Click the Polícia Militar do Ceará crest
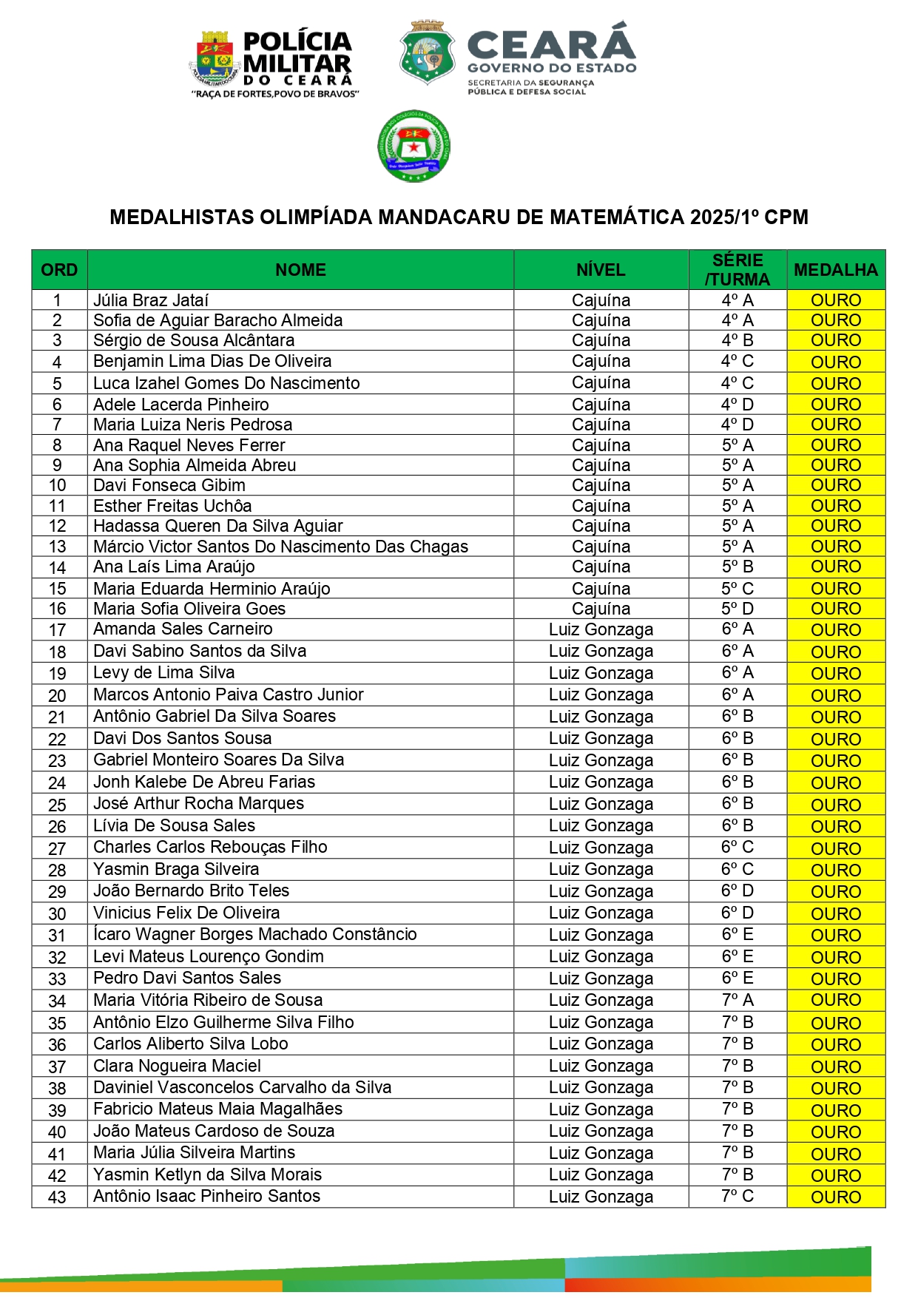click(215, 57)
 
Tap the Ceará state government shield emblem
click(427, 52)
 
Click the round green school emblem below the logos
click(414, 146)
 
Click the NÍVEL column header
click(601, 270)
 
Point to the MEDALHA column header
click(835, 270)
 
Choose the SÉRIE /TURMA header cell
click(737, 270)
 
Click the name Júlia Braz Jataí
click(151, 300)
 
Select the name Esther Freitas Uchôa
click(172, 506)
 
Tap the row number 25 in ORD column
click(57, 805)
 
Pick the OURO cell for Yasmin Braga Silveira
click(835, 870)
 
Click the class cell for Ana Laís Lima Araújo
click(737, 567)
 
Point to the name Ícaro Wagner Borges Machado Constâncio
click(255, 935)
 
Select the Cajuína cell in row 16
click(601, 609)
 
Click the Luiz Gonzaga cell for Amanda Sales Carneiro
click(601, 630)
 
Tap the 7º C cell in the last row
click(737, 1196)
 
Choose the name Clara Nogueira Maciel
click(177, 1066)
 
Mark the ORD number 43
click(57, 1197)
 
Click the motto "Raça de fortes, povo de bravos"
click(275, 95)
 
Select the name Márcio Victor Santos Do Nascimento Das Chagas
click(280, 547)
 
